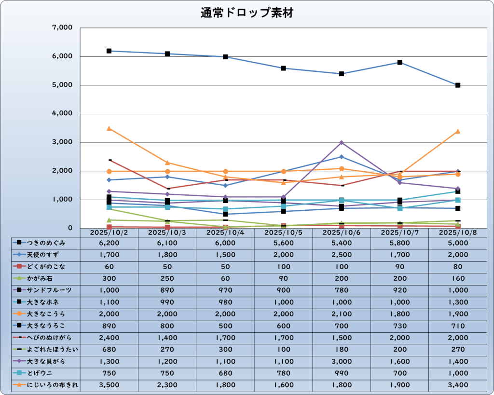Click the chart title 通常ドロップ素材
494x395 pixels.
pos(247,13)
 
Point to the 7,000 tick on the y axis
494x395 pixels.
pos(62,28)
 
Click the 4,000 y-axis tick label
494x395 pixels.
pos(62,114)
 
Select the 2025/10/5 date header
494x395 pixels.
pos(284,232)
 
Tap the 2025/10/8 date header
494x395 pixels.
pos(458,232)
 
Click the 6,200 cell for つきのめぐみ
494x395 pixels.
pos(109,243)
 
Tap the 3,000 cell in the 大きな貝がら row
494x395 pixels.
pos(342,361)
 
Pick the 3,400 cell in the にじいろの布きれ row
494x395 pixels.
pos(458,385)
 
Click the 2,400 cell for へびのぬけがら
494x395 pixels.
pos(109,338)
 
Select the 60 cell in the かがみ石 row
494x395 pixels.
pos(225,278)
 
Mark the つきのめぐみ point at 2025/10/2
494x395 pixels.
pos(109,51)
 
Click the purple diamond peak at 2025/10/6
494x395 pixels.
pos(342,143)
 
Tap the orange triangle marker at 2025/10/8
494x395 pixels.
pos(458,131)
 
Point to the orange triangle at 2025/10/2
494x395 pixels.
pos(109,128)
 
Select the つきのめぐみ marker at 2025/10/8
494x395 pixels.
pos(458,85)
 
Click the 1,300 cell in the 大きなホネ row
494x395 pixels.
pos(458,302)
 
